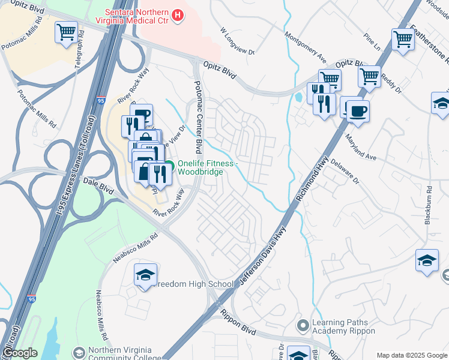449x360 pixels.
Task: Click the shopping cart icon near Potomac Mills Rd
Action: coord(65,32)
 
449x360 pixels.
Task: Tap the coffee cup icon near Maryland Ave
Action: coord(358,111)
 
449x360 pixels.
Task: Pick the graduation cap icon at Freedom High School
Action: coord(145,275)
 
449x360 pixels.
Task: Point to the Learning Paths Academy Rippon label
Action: coord(343,327)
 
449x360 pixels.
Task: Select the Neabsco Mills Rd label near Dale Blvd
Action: coord(136,248)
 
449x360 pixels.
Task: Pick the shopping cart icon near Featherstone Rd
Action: coord(403,40)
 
